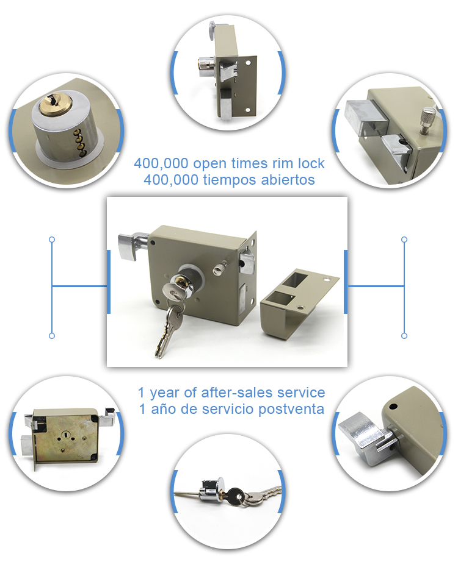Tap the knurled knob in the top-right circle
pyautogui.click(x=427, y=120)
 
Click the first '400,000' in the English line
pyautogui.click(x=161, y=164)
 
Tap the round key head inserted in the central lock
pyautogui.click(x=170, y=291)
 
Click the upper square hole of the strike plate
pyautogui.click(x=297, y=280)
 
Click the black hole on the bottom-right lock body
pyautogui.click(x=394, y=407)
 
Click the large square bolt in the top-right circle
pyautogui.click(x=366, y=116)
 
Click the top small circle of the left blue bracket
pyautogui.click(x=52, y=239)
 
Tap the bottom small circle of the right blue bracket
pyautogui.click(x=404, y=336)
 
